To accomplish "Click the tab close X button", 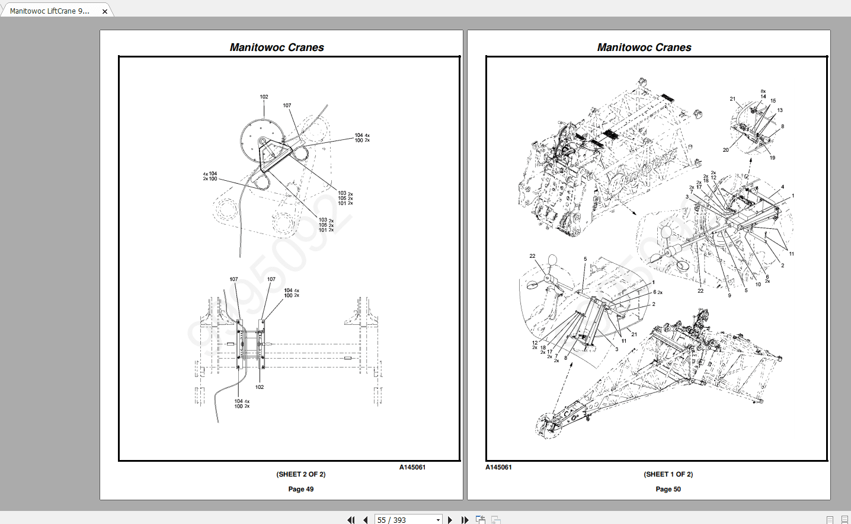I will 105,11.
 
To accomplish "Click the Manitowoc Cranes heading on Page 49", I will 277,47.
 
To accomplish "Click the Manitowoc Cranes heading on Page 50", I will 644,47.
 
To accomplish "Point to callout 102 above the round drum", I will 264,97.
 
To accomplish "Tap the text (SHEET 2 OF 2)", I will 301,474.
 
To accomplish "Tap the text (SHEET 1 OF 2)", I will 668,474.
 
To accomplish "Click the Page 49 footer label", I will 301,489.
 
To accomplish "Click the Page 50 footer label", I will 668,489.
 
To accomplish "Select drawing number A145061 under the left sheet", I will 412,467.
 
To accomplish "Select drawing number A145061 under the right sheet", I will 498,467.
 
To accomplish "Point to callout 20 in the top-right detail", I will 725,150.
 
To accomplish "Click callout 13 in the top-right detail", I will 780,110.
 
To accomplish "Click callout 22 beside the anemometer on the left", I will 532,256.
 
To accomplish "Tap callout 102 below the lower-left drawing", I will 260,387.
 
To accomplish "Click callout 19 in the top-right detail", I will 772,158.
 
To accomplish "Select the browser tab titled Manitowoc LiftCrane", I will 50,11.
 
